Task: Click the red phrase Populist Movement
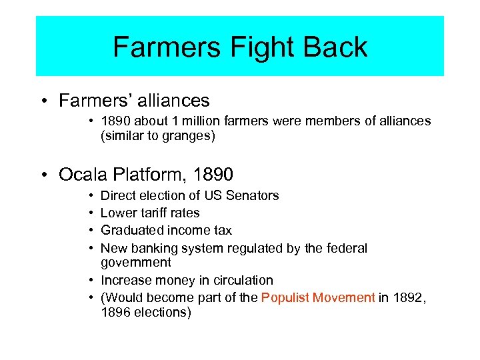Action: [318, 297]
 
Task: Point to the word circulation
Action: [241, 280]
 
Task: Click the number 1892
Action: [407, 297]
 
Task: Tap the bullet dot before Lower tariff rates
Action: [91, 213]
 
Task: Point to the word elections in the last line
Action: [161, 311]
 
